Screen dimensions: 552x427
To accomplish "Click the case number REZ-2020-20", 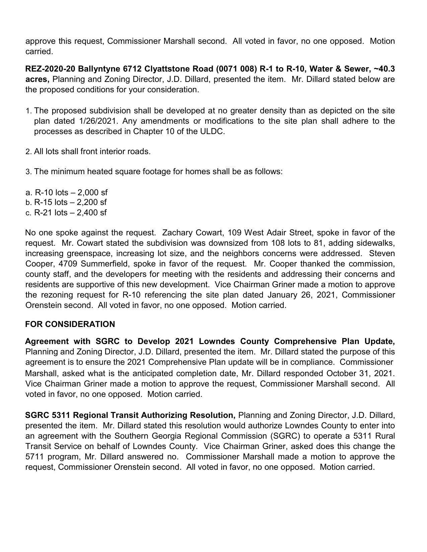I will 51,69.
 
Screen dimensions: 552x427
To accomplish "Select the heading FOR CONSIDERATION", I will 70,324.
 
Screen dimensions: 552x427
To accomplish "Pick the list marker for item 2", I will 28,152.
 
